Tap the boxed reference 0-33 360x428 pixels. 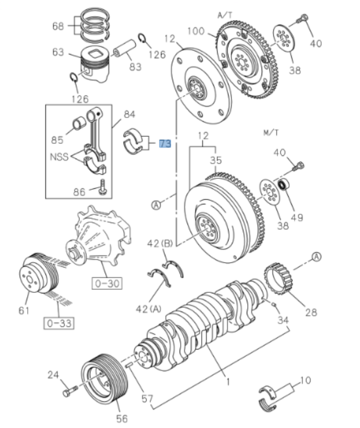click(58, 323)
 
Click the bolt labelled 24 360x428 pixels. click(69, 391)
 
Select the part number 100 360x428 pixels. click(196, 31)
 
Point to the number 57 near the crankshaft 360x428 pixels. click(147, 399)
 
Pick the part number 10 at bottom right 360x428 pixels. click(305, 381)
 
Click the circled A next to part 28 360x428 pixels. click(317, 257)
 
